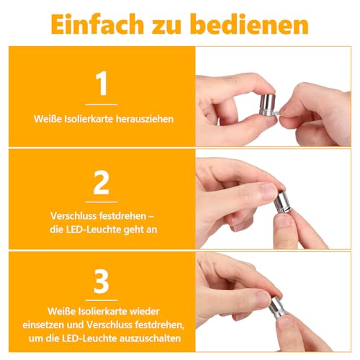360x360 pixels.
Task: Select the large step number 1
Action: [101, 84]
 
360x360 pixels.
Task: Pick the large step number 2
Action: [101, 184]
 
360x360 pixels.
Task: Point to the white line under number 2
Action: [101, 202]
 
